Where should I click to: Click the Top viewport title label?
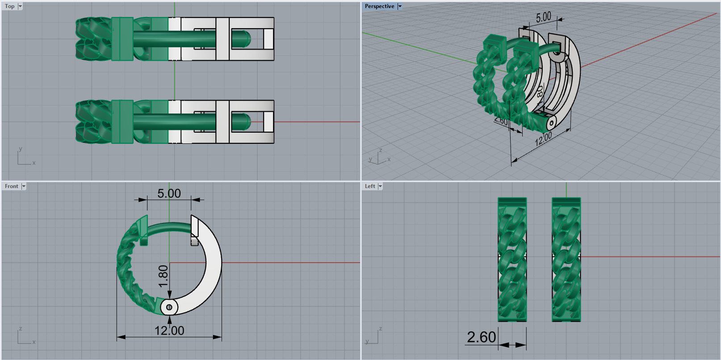(9, 6)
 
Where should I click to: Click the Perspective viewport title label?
(379, 6)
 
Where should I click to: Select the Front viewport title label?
(11, 186)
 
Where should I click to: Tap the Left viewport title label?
(370, 186)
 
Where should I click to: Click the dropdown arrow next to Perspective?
(400, 6)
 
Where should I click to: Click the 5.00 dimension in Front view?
(169, 193)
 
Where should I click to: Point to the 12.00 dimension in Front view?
(169, 331)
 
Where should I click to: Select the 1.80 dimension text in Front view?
(163, 277)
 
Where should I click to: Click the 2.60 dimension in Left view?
(481, 337)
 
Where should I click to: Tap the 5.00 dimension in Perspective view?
(544, 17)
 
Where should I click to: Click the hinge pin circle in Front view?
(169, 307)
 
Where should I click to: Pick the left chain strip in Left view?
(512, 259)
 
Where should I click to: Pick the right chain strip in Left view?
(566, 259)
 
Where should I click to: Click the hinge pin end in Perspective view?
(552, 123)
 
